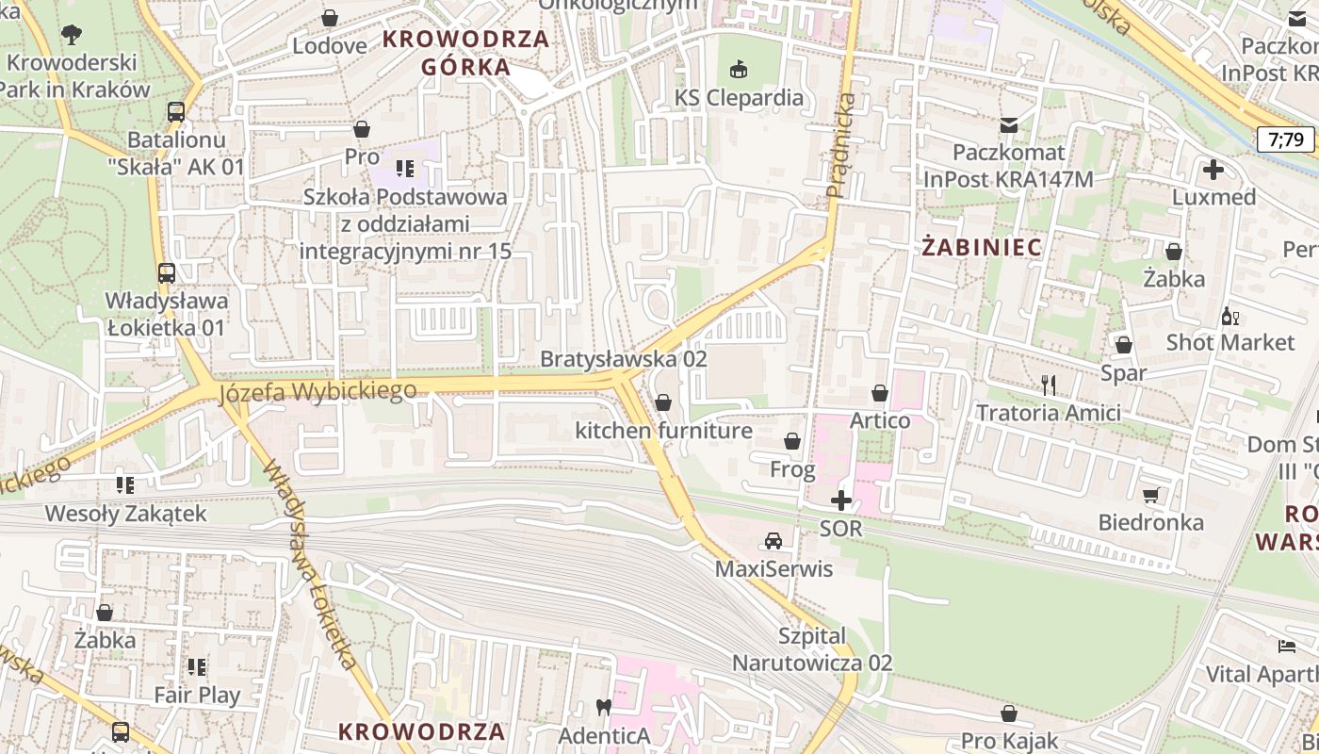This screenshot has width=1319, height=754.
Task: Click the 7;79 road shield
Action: tap(1286, 140)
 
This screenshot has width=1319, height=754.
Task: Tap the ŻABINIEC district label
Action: tap(982, 248)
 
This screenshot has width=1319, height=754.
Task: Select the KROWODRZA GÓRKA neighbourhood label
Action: tap(465, 53)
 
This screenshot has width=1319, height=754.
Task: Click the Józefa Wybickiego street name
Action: tap(318, 390)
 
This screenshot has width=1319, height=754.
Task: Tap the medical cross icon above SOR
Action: tap(841, 500)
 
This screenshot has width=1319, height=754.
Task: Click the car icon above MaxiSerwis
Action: tap(773, 541)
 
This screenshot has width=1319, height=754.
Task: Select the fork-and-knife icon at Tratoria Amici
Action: tap(1048, 385)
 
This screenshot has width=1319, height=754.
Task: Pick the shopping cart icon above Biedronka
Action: tap(1150, 494)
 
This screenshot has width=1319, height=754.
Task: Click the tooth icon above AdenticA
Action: tap(604, 706)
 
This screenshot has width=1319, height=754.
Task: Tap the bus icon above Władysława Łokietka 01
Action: tap(166, 273)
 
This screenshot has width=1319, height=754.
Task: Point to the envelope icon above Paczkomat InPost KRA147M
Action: tap(1008, 124)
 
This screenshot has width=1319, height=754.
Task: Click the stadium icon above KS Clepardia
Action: tap(739, 70)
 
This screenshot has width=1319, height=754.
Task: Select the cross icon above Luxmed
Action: tap(1213, 170)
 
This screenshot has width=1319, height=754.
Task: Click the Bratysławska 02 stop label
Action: tap(623, 359)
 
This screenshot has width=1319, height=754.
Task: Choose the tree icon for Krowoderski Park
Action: tap(71, 36)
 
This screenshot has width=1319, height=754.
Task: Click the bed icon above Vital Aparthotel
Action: tap(1287, 647)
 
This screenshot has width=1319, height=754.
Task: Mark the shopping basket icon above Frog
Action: tap(792, 441)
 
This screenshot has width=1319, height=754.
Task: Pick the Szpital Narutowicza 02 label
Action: tap(812, 649)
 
